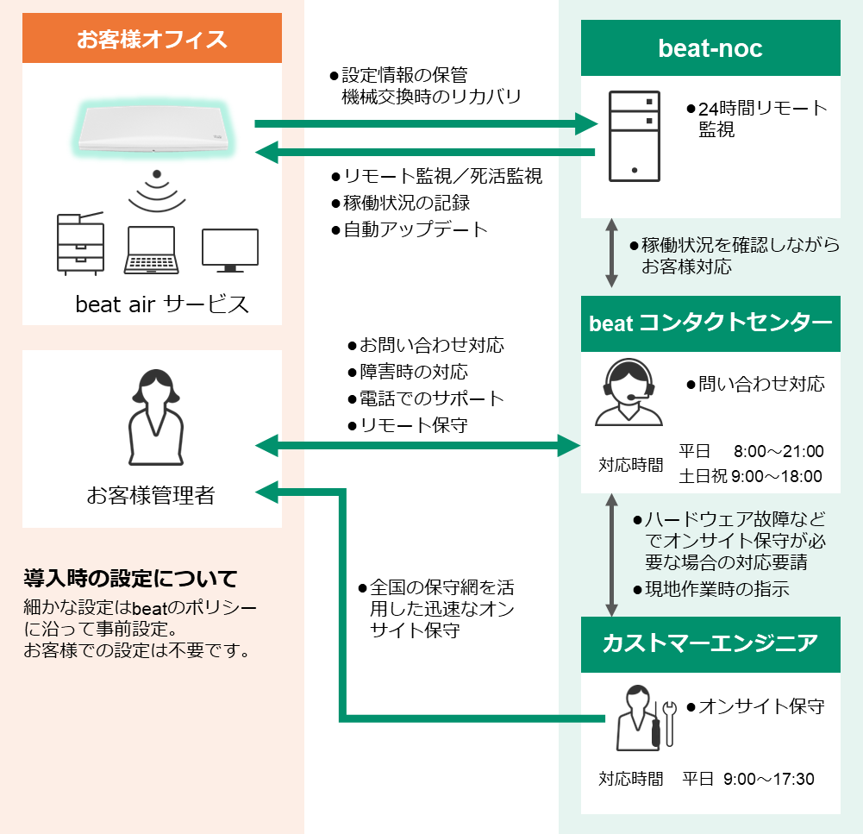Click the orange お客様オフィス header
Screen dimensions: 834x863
click(152, 39)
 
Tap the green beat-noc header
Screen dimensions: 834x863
click(710, 48)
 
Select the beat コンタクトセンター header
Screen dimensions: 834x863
click(710, 323)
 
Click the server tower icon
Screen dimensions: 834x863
click(635, 135)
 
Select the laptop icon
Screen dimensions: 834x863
click(152, 250)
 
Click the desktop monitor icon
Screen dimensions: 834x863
click(229, 249)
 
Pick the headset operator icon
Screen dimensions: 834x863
click(629, 393)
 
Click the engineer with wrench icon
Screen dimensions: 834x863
click(642, 718)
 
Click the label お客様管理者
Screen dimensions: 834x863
click(151, 495)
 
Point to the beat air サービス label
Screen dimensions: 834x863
click(162, 304)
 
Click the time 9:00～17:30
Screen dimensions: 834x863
click(769, 779)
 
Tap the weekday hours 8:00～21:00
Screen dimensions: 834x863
click(779, 451)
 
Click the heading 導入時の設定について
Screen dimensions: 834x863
click(130, 578)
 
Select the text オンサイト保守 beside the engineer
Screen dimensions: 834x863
click(760, 707)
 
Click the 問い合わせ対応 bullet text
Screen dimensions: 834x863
click(760, 383)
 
